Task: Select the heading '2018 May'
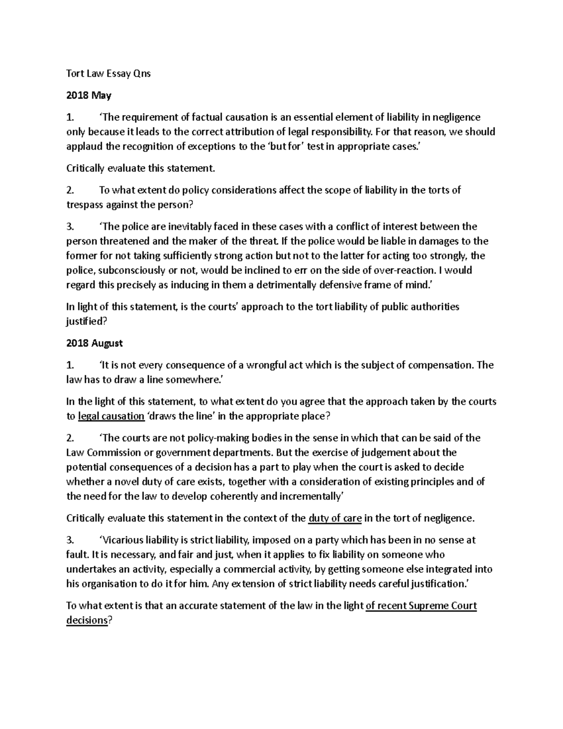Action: click(x=89, y=96)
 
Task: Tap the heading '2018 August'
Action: click(x=94, y=343)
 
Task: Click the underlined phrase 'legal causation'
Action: click(x=111, y=416)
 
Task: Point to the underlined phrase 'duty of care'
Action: click(x=335, y=518)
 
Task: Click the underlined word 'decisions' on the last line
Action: click(x=87, y=620)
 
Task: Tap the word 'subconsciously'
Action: click(x=127, y=270)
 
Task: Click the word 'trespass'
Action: click(x=83, y=205)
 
